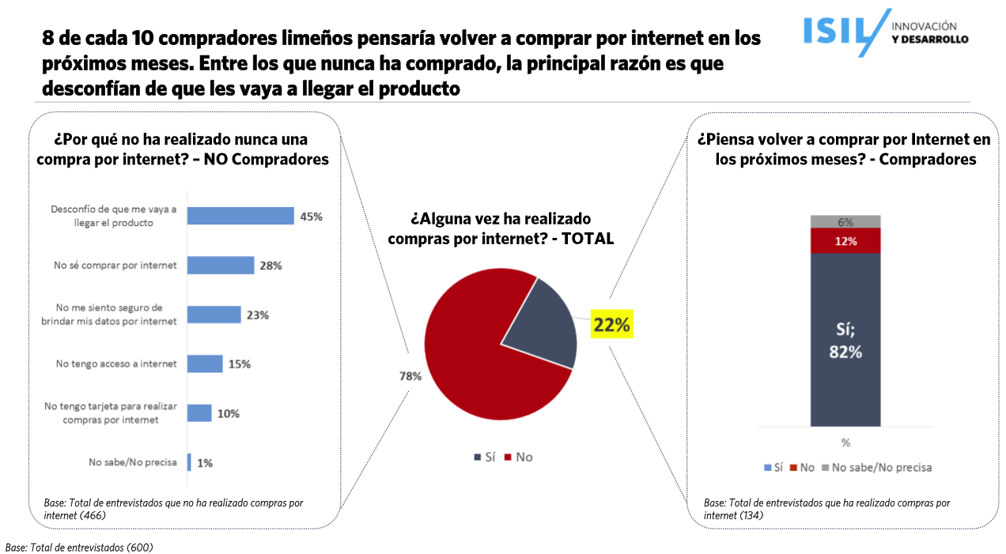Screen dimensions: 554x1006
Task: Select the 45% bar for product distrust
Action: (240, 217)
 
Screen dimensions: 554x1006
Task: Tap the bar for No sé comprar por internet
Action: (221, 266)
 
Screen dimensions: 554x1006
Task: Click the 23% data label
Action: (258, 315)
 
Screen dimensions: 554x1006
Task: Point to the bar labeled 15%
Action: (205, 364)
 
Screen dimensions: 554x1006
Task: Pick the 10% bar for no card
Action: (199, 413)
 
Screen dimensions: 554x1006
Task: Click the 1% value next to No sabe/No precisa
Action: (205, 463)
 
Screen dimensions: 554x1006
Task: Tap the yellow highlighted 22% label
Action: (612, 325)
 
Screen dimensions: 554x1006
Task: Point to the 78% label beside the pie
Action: (410, 377)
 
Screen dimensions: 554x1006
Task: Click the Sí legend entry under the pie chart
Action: (484, 458)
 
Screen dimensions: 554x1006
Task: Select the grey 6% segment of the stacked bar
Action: (845, 222)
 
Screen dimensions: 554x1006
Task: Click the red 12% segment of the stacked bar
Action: (845, 241)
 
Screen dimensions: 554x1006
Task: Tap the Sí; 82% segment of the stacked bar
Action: (845, 340)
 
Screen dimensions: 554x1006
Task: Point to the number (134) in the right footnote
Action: (751, 516)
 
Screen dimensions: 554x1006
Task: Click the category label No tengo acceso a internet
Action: (115, 364)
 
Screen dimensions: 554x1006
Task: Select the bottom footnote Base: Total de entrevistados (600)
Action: (79, 547)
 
